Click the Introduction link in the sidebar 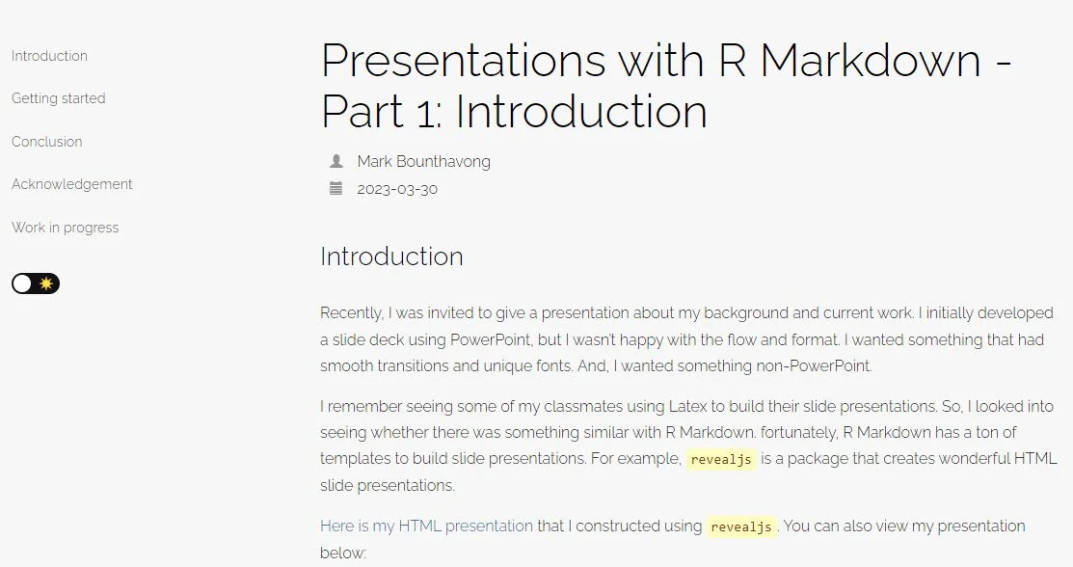[49, 56]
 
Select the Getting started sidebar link [58, 98]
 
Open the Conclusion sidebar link [46, 142]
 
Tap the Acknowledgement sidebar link [71, 184]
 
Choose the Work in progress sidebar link [65, 228]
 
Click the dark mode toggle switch [36, 283]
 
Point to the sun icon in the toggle [46, 283]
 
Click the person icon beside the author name [335, 161]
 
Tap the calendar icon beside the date [335, 189]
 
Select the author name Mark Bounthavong [423, 161]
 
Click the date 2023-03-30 [396, 189]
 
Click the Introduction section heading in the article [391, 256]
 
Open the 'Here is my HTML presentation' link [426, 526]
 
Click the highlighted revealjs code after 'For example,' [722, 460]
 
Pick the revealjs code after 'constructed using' [741, 526]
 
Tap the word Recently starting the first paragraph [351, 313]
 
